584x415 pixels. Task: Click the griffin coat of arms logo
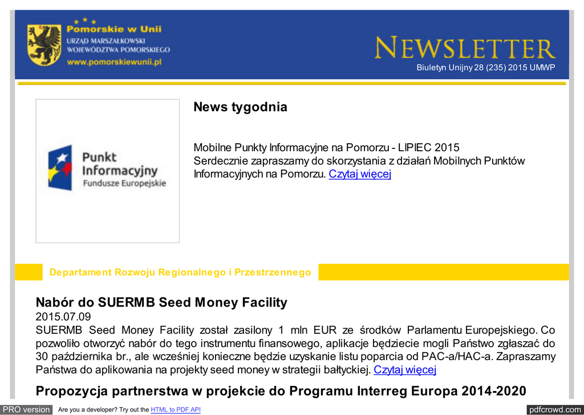44,45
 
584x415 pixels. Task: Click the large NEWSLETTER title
465,49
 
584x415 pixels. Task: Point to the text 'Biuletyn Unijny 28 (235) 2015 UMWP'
485,68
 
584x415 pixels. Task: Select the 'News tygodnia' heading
240,107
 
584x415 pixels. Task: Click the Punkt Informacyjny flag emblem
60,167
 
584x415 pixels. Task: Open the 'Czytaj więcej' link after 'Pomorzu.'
360,174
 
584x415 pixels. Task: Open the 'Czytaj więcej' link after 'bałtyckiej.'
405,370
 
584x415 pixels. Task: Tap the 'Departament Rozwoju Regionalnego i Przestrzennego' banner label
180,272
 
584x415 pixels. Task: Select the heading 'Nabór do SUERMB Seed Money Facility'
161,303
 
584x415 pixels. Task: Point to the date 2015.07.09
63,316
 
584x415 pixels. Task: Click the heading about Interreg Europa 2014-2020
281,391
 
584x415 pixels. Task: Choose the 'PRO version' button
26,409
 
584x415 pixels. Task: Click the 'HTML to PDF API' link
176,410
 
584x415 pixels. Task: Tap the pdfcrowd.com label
554,409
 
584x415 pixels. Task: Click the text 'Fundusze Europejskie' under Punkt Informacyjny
124,183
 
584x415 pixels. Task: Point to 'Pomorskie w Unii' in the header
114,29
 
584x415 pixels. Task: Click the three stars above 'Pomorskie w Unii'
85,21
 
